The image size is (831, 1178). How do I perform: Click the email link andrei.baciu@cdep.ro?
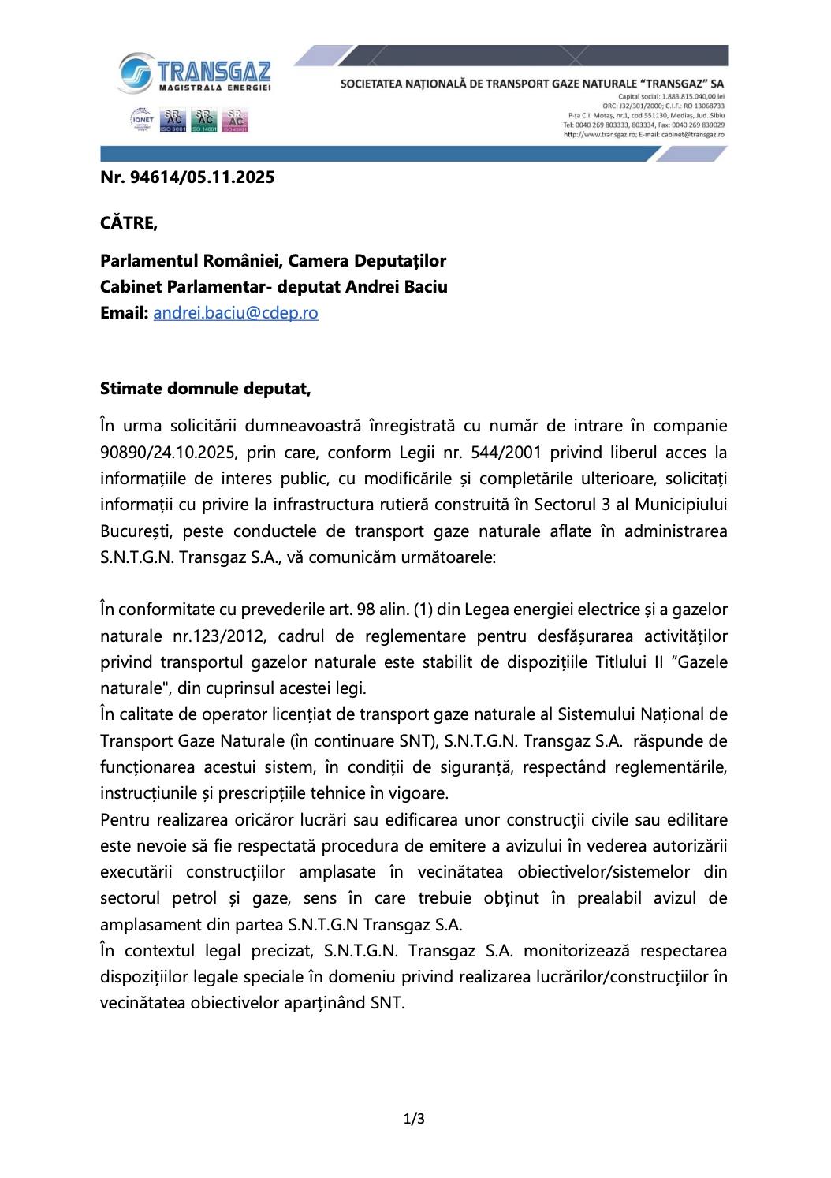[236, 313]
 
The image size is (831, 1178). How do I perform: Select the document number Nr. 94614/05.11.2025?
[188, 177]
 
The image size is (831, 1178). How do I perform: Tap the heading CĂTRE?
[129, 223]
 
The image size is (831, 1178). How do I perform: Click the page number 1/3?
[415, 1118]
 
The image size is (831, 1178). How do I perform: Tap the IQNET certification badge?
[143, 121]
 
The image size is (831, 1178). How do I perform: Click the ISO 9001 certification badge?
[173, 121]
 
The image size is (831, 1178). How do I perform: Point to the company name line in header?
[532, 83]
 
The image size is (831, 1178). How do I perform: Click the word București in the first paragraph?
[135, 531]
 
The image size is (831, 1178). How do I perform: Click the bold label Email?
[125, 313]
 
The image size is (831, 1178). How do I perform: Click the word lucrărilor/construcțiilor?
[611, 978]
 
